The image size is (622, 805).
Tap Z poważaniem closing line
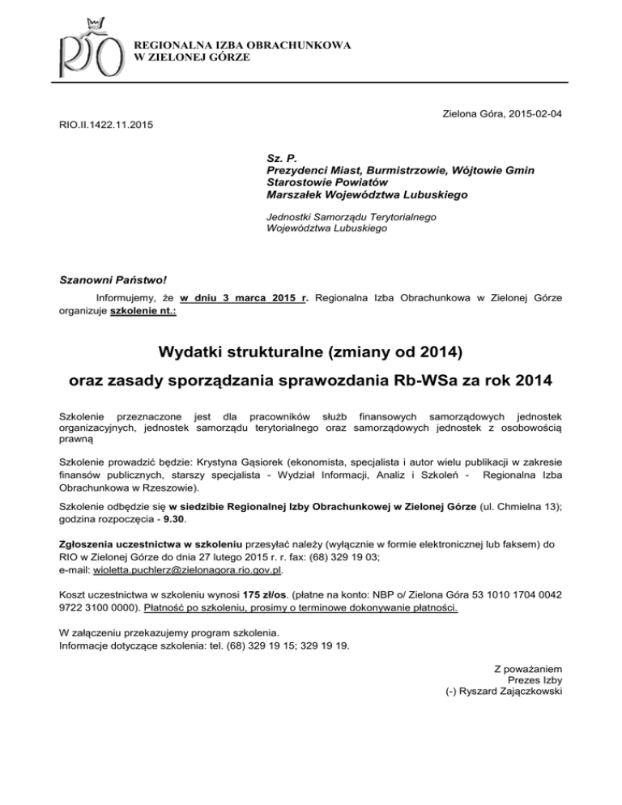[x=528, y=668]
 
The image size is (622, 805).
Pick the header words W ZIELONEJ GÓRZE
[x=191, y=58]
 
